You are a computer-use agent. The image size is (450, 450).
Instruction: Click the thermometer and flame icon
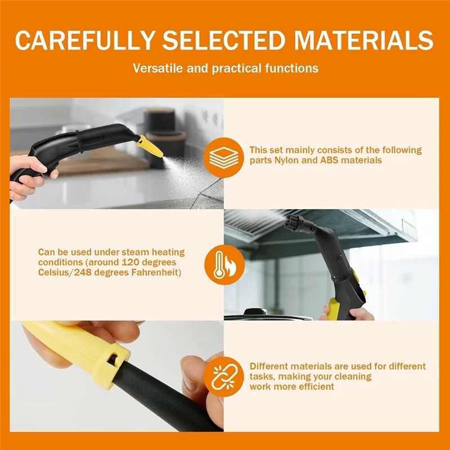click(x=224, y=265)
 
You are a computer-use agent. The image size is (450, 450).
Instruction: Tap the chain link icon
click(x=224, y=376)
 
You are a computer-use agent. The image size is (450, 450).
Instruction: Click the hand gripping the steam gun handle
click(x=28, y=174)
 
